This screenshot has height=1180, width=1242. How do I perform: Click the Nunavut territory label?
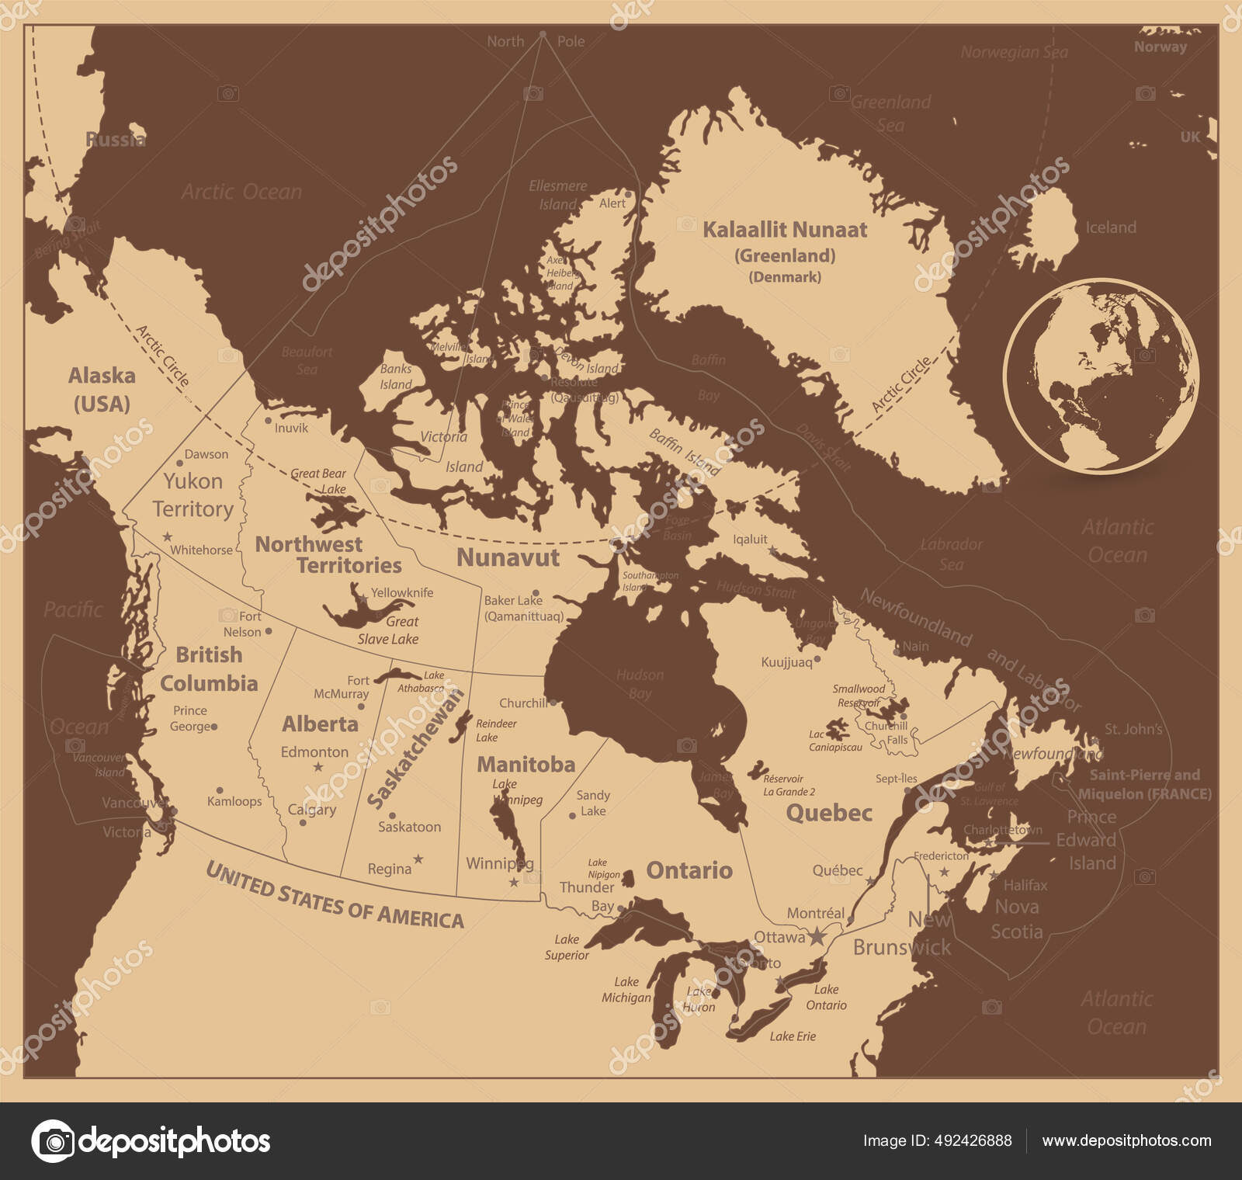coord(508,557)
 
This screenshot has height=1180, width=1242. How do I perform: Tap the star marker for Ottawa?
coord(817,937)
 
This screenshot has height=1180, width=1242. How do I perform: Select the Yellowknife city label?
coord(401,592)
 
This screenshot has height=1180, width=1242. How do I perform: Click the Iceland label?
coord(1110,227)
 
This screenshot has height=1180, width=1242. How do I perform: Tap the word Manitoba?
coord(526,765)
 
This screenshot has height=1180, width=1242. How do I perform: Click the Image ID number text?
coord(937,1140)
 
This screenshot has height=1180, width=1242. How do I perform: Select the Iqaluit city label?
coord(750,539)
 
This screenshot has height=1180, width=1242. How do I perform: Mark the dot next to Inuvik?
coord(268,420)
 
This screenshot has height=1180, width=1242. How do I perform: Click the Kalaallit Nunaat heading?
coord(784,230)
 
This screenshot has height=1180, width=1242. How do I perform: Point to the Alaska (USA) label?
coord(102,389)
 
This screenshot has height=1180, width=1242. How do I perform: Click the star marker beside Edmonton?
coord(317,767)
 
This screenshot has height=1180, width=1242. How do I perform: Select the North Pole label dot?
coord(543,34)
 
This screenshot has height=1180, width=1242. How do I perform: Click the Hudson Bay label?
coord(640,684)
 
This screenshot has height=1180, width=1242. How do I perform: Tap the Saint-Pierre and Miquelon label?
coord(1144,784)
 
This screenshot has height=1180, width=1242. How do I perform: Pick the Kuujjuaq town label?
coord(786,662)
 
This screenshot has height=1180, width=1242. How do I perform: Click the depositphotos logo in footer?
coord(151,1141)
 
